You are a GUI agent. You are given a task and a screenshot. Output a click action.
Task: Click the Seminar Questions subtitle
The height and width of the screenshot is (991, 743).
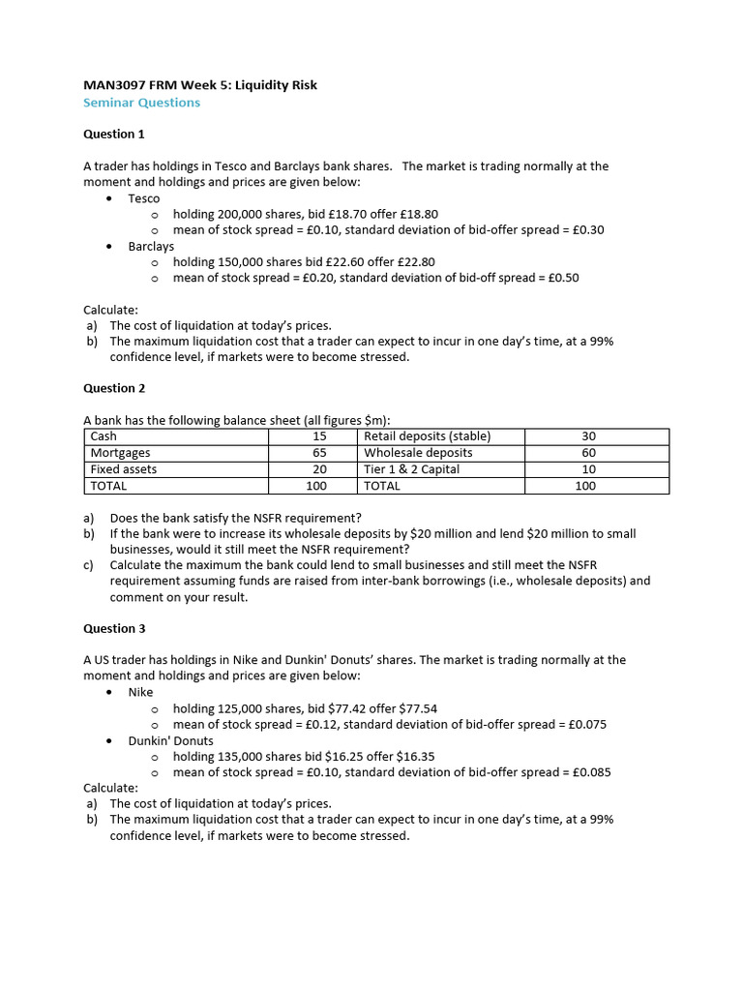[x=141, y=103]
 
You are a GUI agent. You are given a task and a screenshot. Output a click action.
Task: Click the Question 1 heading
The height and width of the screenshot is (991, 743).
[x=114, y=135]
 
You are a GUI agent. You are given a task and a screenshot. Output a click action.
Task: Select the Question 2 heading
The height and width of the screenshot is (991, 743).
[x=114, y=388]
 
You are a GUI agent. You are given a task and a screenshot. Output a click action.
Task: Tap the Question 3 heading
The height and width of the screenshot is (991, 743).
[x=114, y=628]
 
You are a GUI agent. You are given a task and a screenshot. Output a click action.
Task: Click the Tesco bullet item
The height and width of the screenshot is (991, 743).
[x=144, y=198]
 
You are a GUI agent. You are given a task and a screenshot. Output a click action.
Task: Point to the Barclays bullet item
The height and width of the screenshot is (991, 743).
[x=151, y=246]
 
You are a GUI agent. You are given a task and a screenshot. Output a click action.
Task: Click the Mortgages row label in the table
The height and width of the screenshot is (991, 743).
[x=120, y=453]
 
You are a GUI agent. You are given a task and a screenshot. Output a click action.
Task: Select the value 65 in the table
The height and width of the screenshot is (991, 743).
[x=319, y=453]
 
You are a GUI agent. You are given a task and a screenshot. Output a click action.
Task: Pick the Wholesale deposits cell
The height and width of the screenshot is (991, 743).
[x=418, y=453]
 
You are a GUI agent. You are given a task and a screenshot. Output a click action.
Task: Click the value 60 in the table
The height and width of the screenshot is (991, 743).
[x=588, y=453]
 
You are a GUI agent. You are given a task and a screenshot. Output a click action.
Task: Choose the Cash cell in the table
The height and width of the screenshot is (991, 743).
[x=104, y=436]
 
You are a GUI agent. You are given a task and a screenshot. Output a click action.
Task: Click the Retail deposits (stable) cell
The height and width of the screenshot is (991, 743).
[x=427, y=436]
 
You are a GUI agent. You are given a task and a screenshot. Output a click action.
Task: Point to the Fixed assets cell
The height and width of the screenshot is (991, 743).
[x=123, y=469]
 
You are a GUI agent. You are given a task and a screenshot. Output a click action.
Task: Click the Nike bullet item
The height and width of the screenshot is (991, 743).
[x=140, y=692]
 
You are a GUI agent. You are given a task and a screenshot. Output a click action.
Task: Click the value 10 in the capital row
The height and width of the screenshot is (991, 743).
[x=588, y=469]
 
